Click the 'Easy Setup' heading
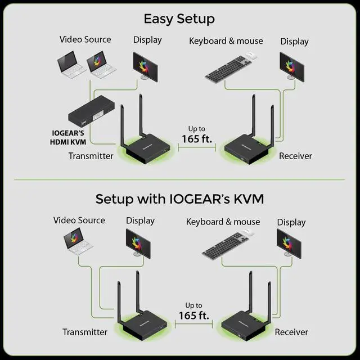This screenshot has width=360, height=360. pyautogui.click(x=179, y=18)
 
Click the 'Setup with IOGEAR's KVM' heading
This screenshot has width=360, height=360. pyautogui.click(x=179, y=199)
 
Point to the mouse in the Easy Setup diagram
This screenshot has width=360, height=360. pyautogui.click(x=251, y=56)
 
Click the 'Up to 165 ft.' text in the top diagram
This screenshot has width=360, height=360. pyautogui.click(x=196, y=134)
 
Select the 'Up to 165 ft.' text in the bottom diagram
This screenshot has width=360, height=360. pyautogui.click(x=194, y=311)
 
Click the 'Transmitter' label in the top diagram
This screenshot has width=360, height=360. pyautogui.click(x=91, y=156)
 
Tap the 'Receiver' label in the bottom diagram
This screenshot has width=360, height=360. pyautogui.click(x=291, y=332)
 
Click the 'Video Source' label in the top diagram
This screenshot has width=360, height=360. pyautogui.click(x=85, y=39)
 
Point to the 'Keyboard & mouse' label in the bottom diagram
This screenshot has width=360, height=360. pyautogui.click(x=223, y=222)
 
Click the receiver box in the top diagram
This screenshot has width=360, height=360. pyautogui.click(x=246, y=147)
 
